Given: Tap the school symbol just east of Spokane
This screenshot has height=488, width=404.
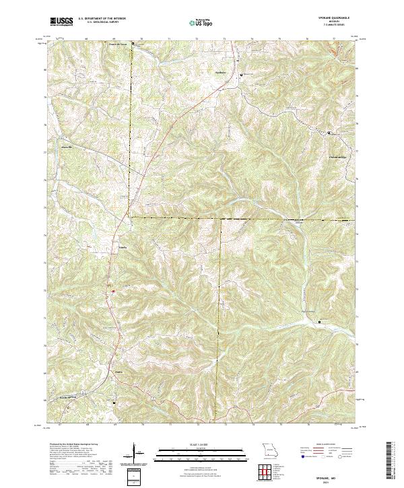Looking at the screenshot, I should click(242, 74).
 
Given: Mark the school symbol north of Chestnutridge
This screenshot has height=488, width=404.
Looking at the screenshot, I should click(329, 133).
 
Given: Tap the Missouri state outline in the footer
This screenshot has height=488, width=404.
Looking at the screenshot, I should click(270, 448).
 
